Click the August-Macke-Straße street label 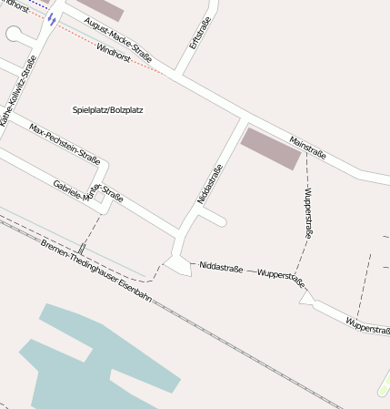tap(117, 35)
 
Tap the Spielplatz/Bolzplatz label tap(108, 110)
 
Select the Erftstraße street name tap(198, 32)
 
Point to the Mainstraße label tap(306, 146)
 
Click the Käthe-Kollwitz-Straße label tap(17, 92)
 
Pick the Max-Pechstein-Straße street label tap(65, 140)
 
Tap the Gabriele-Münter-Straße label tap(88, 191)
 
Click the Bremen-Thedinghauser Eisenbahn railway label tap(95, 271)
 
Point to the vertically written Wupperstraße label tap(308, 214)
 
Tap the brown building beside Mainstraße tap(268, 147)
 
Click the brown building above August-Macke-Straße tap(101, 7)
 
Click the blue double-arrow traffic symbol tap(52, 18)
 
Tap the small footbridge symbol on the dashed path tap(82, 248)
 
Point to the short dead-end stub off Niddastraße tap(215, 220)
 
